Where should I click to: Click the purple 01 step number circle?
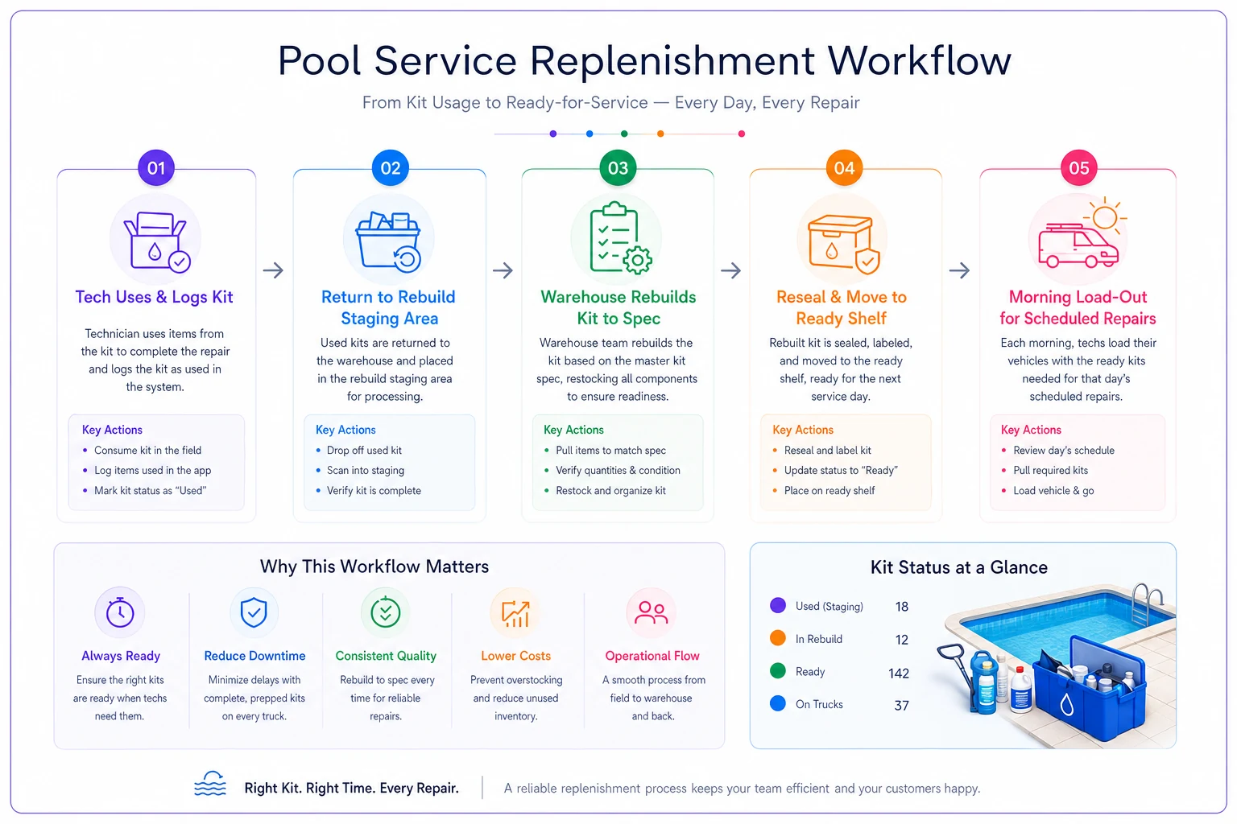[156, 168]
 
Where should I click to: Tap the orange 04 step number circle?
[844, 168]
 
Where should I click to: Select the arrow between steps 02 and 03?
[503, 270]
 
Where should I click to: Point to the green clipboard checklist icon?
[619, 238]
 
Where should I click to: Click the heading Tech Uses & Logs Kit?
[154, 297]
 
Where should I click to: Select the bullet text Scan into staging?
[366, 470]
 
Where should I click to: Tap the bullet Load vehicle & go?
[1053, 491]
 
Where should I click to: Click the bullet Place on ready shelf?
[829, 491]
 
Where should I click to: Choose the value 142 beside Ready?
[899, 673]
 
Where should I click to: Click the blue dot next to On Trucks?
[777, 703]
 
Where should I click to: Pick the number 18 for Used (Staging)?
[901, 607]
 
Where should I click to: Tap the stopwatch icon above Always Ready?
[120, 612]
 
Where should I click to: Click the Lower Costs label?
[515, 656]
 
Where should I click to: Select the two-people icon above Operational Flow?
[651, 612]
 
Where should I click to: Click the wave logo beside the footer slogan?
[210, 785]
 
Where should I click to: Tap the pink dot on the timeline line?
[741, 134]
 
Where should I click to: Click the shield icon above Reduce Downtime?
[254, 612]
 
